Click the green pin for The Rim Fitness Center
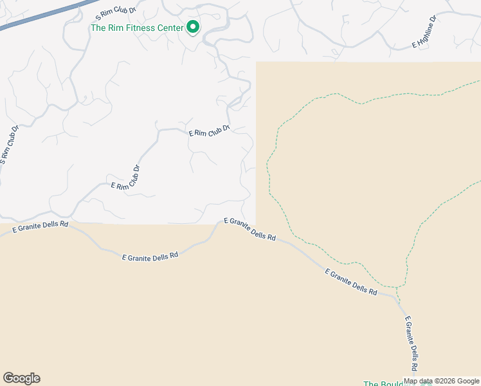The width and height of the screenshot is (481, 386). [x=192, y=26]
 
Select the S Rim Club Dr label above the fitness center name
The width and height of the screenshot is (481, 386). [x=116, y=13]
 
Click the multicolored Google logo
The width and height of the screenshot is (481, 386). [x=21, y=378]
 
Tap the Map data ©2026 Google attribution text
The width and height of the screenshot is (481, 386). [x=442, y=381]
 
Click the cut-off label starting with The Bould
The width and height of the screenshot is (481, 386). [x=383, y=384]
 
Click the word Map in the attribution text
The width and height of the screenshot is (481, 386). [x=410, y=381]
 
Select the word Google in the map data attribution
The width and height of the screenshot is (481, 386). [x=467, y=381]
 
